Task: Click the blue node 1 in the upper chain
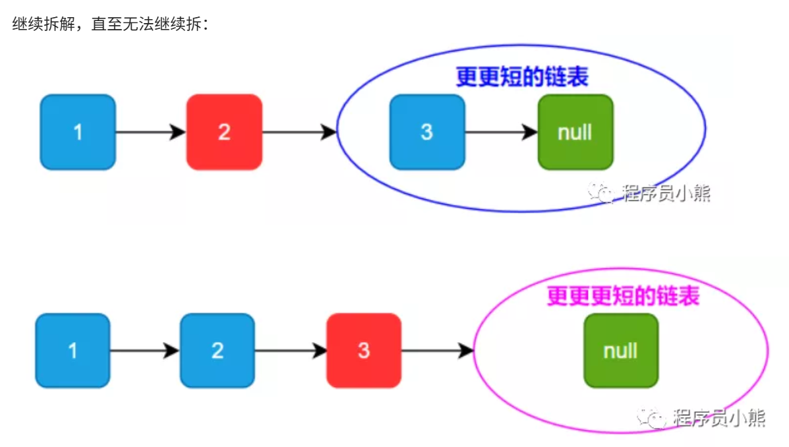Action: (78, 132)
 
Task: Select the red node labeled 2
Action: (224, 132)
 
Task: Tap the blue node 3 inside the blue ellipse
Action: (427, 132)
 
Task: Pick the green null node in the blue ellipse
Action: (575, 132)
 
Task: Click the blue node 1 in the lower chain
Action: (73, 350)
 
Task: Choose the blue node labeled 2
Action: (218, 350)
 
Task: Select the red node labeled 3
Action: (364, 350)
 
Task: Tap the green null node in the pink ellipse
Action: (620, 350)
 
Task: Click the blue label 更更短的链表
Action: (521, 78)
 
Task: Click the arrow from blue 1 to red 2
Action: (150, 132)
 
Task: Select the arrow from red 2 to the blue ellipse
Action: (299, 132)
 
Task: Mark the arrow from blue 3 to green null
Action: (501, 132)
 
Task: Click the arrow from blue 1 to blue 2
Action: (144, 350)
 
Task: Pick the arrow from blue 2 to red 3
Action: (290, 350)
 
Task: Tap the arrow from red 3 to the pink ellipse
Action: (437, 350)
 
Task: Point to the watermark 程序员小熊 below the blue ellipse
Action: (666, 193)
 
